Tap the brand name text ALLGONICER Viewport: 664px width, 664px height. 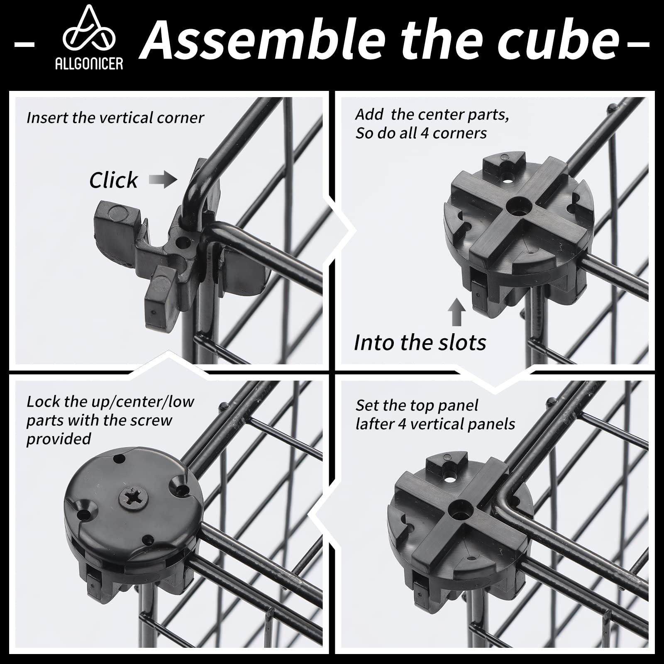pos(89,63)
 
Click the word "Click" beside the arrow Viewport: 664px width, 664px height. pos(113,180)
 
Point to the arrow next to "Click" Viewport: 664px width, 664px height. pos(163,180)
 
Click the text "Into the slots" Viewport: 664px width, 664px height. pos(420,342)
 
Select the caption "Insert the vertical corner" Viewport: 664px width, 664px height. pos(115,118)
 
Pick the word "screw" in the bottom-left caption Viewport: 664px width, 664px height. pos(151,420)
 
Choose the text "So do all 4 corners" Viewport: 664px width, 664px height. pos(421,133)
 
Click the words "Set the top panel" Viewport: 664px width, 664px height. pos(417,405)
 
